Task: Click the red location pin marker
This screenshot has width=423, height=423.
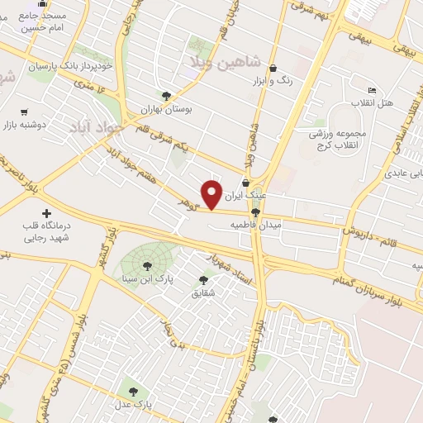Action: click(x=212, y=193)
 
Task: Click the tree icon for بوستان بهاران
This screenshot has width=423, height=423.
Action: click(x=166, y=96)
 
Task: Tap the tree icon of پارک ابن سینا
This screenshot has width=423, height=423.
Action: click(x=147, y=266)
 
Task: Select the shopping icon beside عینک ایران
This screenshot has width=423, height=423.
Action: click(x=245, y=183)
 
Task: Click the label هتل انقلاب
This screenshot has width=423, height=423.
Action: click(x=373, y=104)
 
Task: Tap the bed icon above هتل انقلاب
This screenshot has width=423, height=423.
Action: click(x=372, y=90)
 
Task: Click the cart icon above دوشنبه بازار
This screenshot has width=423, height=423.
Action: click(x=24, y=112)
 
